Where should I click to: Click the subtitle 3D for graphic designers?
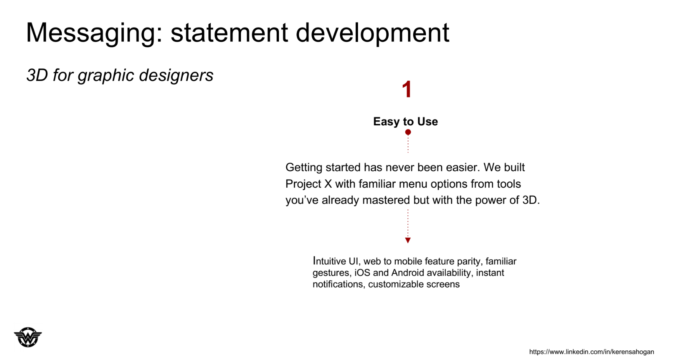pos(120,75)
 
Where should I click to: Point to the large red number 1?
pos(407,90)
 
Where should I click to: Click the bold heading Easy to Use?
pos(405,121)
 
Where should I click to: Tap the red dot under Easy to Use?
pos(408,132)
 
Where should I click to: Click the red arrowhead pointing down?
pos(408,241)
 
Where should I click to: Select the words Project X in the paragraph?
pos(309,184)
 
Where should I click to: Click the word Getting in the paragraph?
pos(304,168)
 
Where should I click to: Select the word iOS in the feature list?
pos(362,273)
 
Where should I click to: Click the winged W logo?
pos(28,337)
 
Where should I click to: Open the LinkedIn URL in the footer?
pos(592,352)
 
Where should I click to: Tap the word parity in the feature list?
pos(470,261)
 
